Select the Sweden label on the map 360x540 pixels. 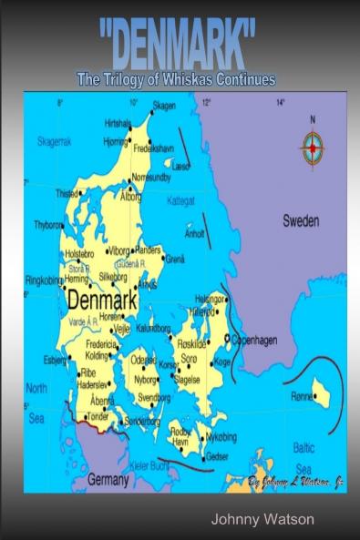point(300,220)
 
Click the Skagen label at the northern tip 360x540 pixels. point(163,106)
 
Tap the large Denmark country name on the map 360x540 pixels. point(101,300)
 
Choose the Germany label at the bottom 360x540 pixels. point(108,478)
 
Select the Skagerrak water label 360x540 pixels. point(55,142)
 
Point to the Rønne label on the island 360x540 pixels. point(301,396)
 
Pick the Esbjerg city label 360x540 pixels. point(55,360)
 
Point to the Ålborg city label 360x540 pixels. point(131,196)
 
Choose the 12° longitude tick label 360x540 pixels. point(206,101)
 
